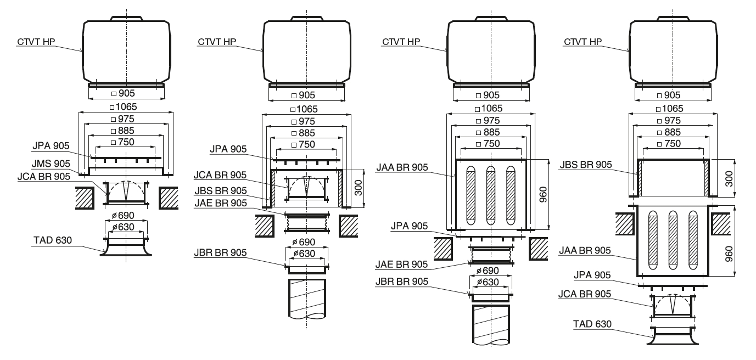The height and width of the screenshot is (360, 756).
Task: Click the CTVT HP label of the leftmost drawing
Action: click(37, 41)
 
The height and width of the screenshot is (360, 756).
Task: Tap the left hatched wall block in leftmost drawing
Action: click(85, 197)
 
